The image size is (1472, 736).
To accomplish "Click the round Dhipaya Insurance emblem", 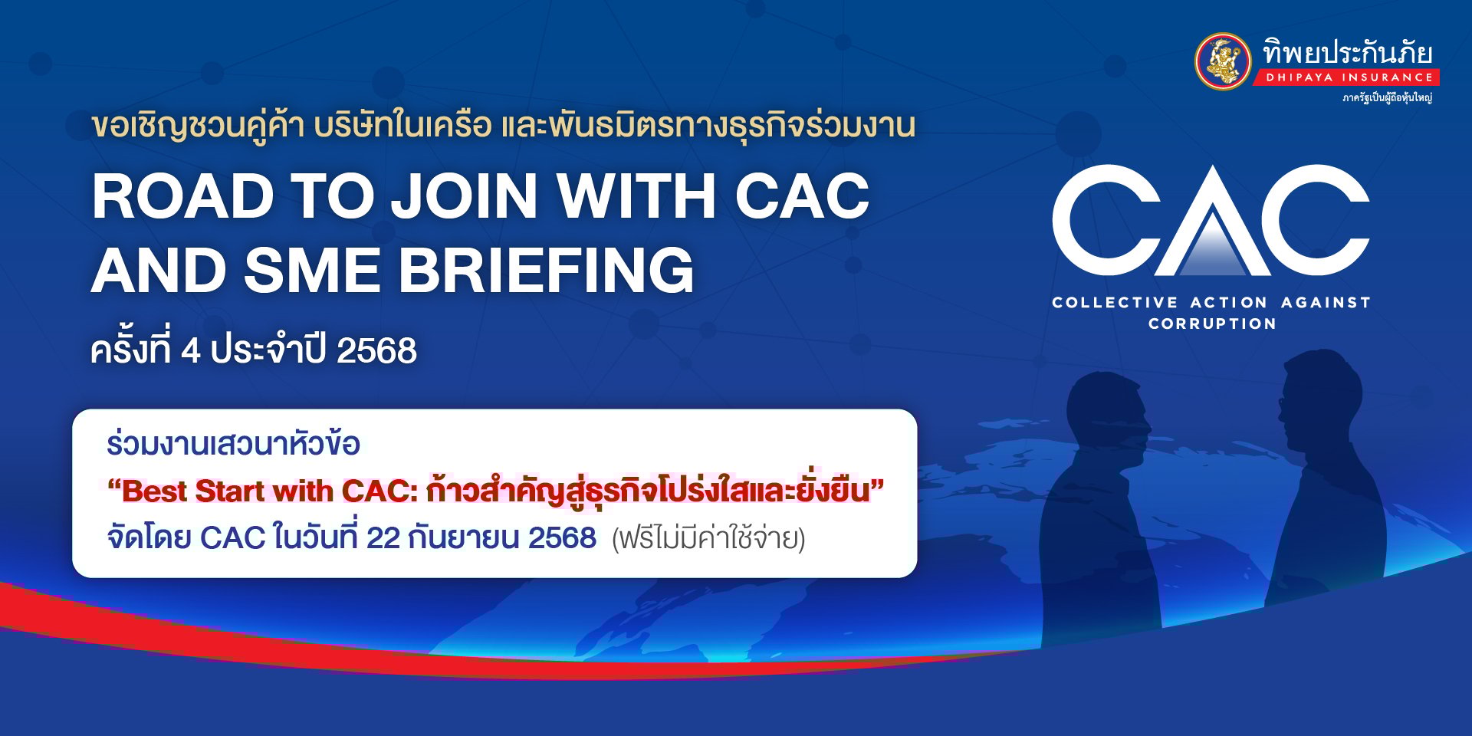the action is click(x=1224, y=61).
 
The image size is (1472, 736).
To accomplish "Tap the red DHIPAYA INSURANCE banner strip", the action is click(x=1347, y=77).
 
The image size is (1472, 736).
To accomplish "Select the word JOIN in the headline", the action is click(x=465, y=196).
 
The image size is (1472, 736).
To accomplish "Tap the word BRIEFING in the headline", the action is click(x=546, y=271).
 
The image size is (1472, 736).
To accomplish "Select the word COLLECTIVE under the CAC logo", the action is click(x=1114, y=303).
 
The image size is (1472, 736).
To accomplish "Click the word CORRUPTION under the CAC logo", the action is click(x=1212, y=324).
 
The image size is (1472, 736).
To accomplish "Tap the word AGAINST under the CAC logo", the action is click(x=1326, y=303).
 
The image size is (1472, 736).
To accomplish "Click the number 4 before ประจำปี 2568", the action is click(x=190, y=351).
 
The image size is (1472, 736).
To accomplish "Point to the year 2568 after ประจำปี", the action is click(x=376, y=351).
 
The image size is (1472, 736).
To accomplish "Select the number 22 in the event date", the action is click(x=383, y=538).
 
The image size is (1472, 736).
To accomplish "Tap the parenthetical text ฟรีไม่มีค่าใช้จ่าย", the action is click(x=708, y=539).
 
